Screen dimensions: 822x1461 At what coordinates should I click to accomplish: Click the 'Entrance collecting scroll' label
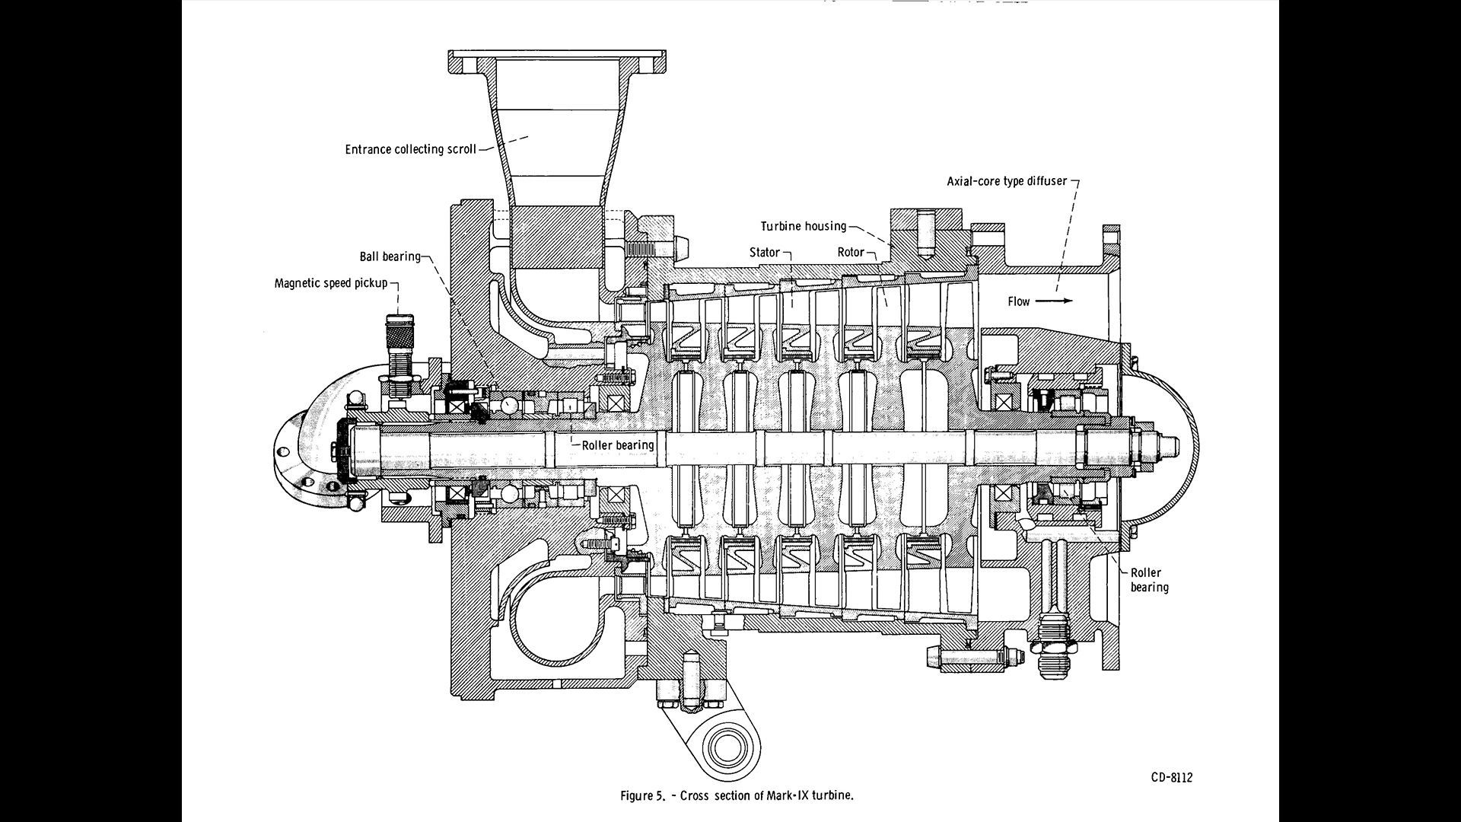(x=410, y=149)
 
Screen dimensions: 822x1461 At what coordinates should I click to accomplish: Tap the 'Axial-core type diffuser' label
(x=1007, y=182)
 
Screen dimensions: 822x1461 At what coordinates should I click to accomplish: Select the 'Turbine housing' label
(x=804, y=226)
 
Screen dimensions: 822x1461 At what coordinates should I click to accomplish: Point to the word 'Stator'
(x=765, y=253)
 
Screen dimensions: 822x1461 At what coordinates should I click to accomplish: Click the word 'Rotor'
(x=851, y=253)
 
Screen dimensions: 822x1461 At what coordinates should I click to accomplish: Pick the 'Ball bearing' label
(x=390, y=256)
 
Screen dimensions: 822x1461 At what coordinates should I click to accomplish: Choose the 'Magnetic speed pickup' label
(x=331, y=284)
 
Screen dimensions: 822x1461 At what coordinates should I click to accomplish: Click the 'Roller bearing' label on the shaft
(x=617, y=445)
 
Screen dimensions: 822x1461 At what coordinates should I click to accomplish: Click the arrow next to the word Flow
(x=1054, y=301)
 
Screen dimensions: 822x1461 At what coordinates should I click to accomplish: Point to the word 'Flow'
(x=1018, y=301)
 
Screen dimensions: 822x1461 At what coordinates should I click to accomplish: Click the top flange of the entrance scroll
(x=557, y=60)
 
